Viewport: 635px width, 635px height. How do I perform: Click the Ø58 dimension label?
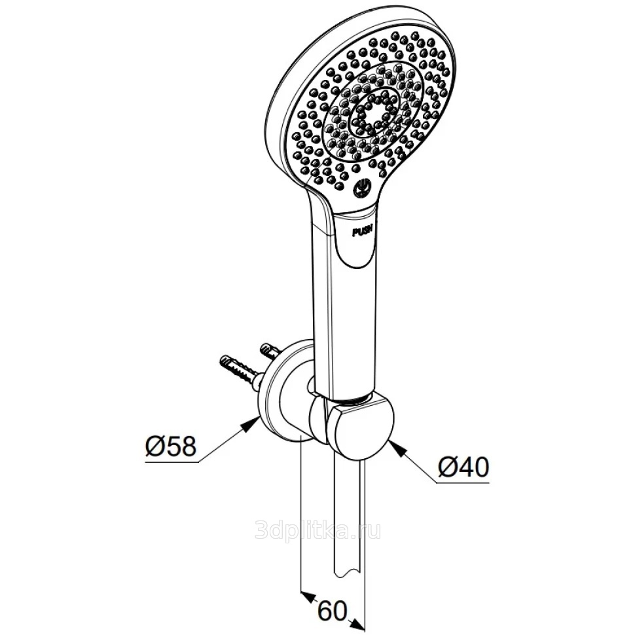point(170,446)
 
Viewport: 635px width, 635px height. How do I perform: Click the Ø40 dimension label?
point(463,468)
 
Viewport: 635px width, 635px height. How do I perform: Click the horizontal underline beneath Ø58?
point(172,462)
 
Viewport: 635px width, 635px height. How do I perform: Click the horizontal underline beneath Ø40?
point(463,482)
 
